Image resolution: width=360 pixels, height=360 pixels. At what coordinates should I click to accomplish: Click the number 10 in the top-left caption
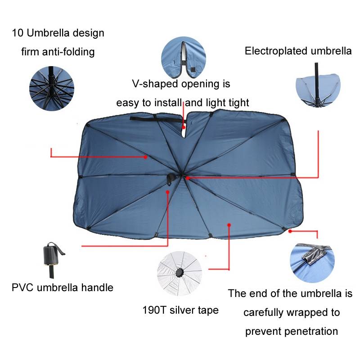pyautogui.click(x=18, y=33)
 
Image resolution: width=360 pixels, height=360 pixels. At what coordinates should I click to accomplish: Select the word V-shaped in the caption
pyautogui.click(x=155, y=84)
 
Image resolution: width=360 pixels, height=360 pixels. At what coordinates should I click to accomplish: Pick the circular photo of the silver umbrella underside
pyautogui.click(x=180, y=273)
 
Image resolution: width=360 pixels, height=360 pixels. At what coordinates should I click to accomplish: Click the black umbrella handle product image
pyautogui.click(x=53, y=260)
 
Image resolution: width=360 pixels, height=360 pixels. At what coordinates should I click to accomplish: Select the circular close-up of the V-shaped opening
pyautogui.click(x=184, y=59)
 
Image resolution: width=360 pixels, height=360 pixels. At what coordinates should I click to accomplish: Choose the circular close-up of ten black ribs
pyautogui.click(x=52, y=88)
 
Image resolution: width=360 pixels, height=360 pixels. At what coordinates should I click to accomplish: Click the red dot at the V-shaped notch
pyautogui.click(x=184, y=127)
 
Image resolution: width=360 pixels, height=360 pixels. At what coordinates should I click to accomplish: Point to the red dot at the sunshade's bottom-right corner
pyautogui.click(x=290, y=231)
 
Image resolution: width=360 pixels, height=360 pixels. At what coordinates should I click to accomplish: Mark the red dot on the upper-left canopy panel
pyautogui.click(x=145, y=157)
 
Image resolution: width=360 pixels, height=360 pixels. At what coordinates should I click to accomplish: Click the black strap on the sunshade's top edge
pyautogui.click(x=156, y=119)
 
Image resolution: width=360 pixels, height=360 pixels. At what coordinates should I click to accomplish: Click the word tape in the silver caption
pyautogui.click(x=208, y=310)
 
